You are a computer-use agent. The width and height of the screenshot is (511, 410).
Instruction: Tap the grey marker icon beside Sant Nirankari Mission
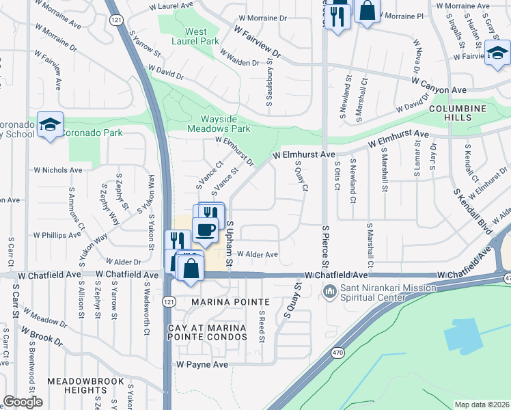[329, 292]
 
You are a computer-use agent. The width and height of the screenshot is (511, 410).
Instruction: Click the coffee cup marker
[206, 230]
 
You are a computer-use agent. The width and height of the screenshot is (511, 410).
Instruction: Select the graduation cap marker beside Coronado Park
[50, 124]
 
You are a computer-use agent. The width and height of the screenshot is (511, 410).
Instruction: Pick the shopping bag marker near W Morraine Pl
[367, 11]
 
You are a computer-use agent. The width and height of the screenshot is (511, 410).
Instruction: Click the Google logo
[23, 402]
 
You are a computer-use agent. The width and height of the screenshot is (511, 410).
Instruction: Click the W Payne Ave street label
[202, 365]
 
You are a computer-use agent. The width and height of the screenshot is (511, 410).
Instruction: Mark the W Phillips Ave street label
[57, 234]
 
